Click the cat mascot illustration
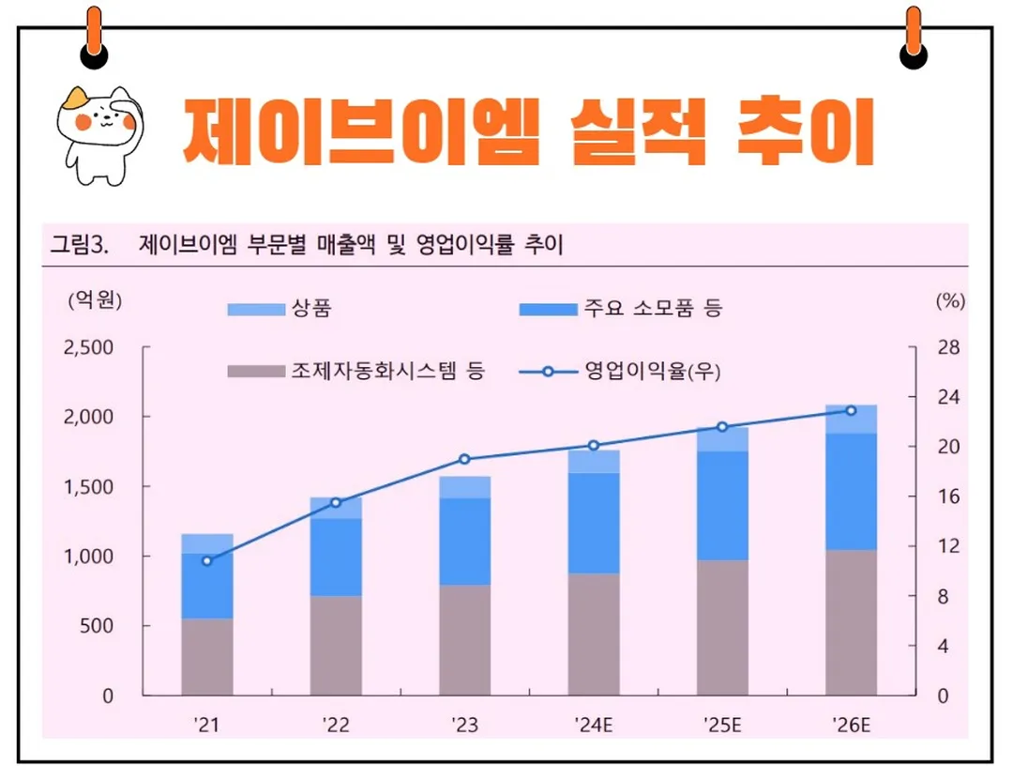pyautogui.click(x=99, y=132)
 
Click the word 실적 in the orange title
pyautogui.click(x=637, y=132)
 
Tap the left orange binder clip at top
pyautogui.click(x=94, y=38)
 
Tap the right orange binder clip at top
pyautogui.click(x=913, y=38)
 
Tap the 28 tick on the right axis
pyautogui.click(x=947, y=347)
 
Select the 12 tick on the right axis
pyautogui.click(x=947, y=546)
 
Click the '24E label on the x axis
pyautogui.click(x=593, y=726)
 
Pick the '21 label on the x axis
pyautogui.click(x=206, y=726)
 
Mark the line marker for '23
pyautogui.click(x=464, y=459)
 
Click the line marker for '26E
pyautogui.click(x=851, y=410)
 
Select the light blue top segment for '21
pyautogui.click(x=207, y=543)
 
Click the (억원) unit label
pyautogui.click(x=95, y=301)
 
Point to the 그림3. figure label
pyautogui.click(x=80, y=247)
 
